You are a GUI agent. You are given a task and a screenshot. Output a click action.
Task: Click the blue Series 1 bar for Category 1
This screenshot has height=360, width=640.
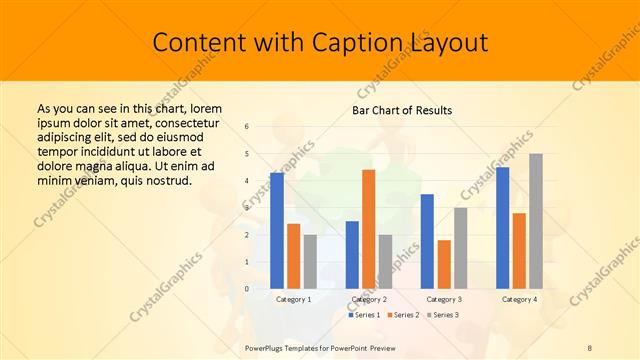click(x=277, y=230)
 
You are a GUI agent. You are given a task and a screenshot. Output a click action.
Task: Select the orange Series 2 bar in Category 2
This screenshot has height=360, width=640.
click(x=368, y=229)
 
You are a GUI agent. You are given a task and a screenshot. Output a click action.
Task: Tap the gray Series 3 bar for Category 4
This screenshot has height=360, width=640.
click(x=536, y=221)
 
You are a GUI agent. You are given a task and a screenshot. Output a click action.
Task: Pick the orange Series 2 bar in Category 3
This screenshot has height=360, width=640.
click(x=444, y=264)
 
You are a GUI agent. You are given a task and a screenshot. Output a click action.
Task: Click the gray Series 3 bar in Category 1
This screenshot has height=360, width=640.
click(x=310, y=261)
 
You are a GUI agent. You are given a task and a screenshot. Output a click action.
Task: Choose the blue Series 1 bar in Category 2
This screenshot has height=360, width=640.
click(x=352, y=254)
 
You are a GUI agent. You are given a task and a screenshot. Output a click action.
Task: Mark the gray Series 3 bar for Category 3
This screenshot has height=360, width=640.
click(x=460, y=248)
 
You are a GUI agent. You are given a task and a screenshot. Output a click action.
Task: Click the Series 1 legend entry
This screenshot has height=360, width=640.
click(x=364, y=315)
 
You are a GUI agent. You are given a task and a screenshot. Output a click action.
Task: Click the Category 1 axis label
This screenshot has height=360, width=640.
click(x=293, y=299)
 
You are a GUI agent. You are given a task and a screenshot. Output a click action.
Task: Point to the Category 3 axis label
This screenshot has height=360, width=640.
click(x=444, y=299)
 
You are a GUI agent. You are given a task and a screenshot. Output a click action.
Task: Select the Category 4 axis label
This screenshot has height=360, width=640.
click(x=519, y=299)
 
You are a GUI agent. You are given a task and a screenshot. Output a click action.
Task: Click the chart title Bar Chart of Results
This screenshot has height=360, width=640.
click(x=402, y=109)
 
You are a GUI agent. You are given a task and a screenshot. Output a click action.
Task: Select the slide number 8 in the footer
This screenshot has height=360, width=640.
click(x=590, y=347)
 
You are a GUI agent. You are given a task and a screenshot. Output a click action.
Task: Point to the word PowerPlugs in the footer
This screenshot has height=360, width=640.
click(x=267, y=347)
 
